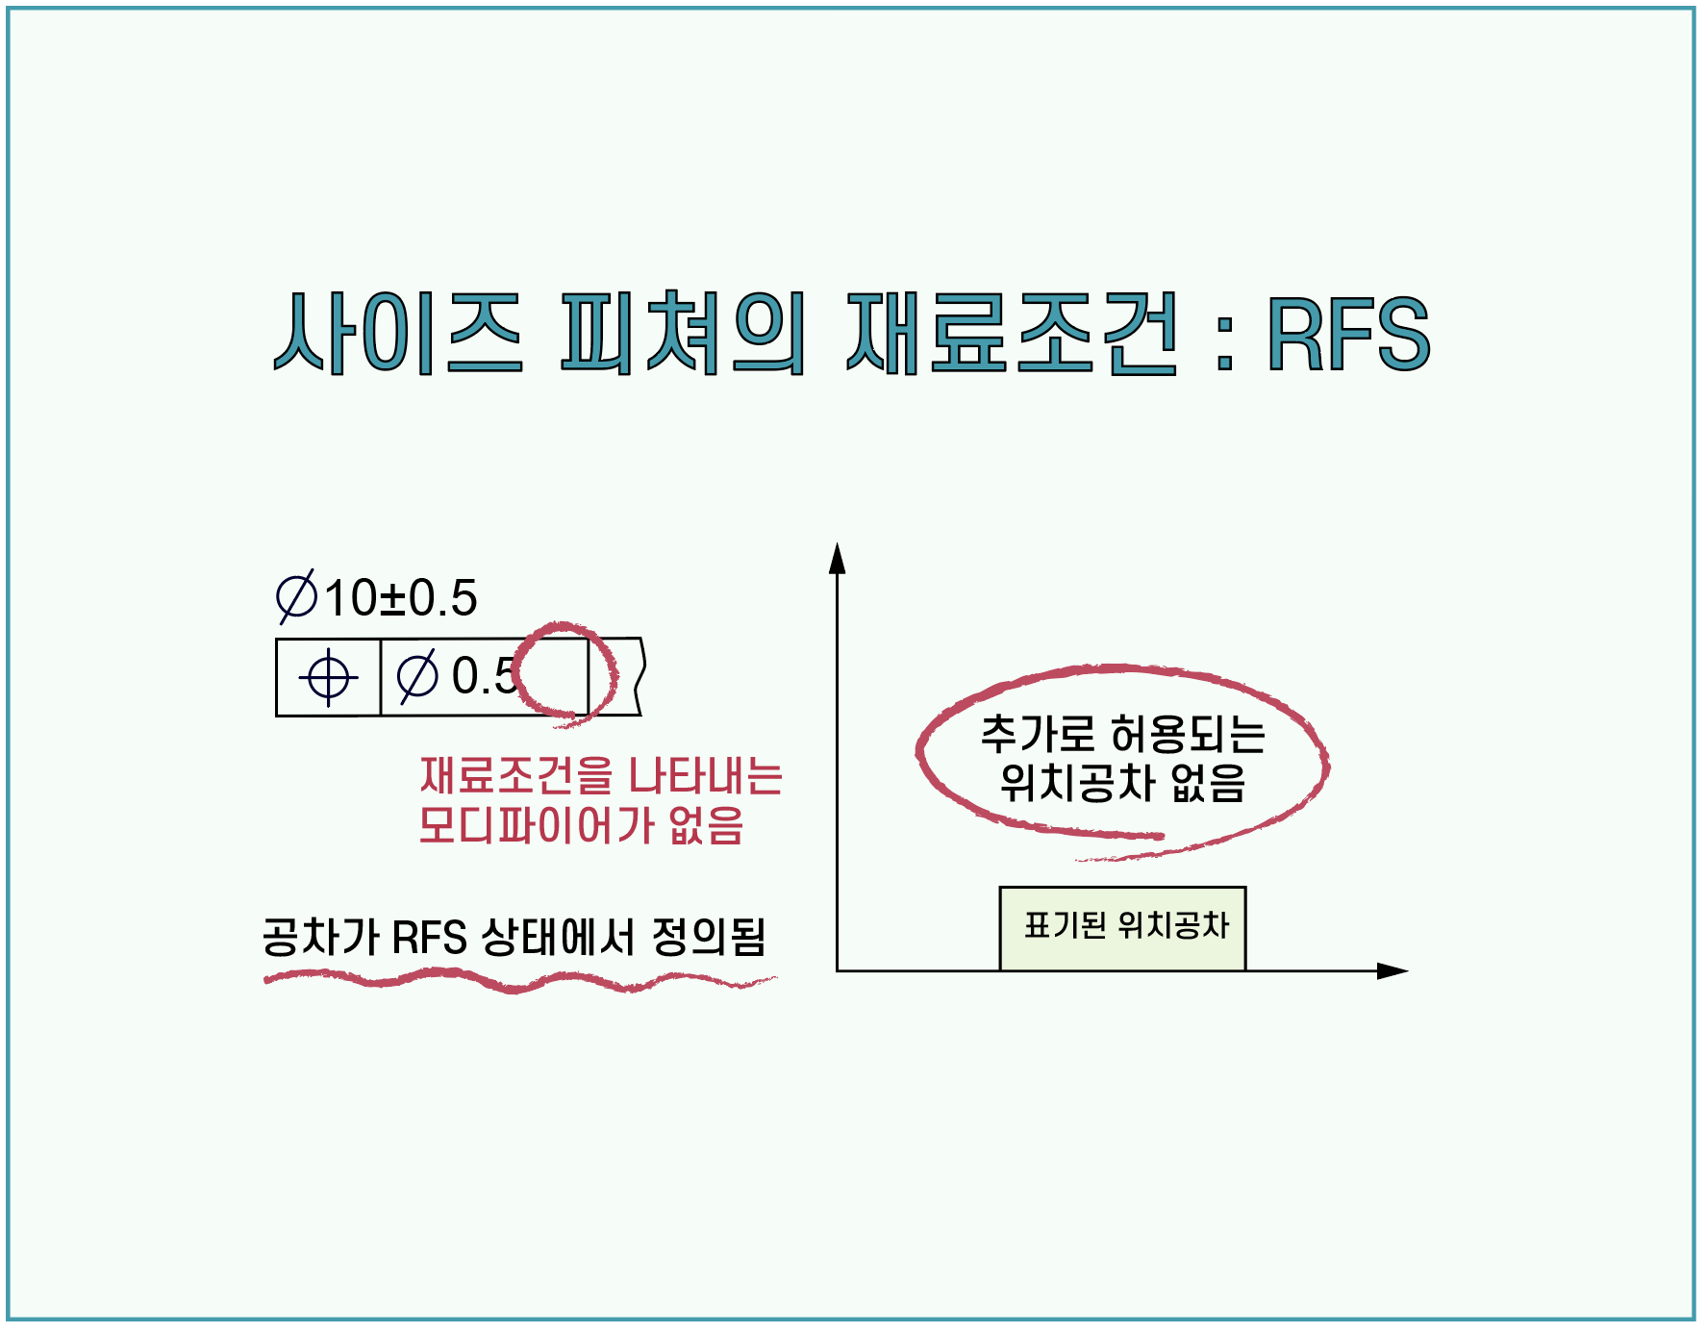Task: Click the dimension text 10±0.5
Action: pyautogui.click(x=400, y=598)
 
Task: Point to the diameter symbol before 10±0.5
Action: pyautogui.click(x=296, y=597)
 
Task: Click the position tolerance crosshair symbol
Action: pyautogui.click(x=328, y=677)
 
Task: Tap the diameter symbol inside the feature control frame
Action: pyautogui.click(x=418, y=676)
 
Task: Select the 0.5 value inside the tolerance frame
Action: pyautogui.click(x=484, y=675)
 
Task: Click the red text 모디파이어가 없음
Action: pyautogui.click(x=581, y=825)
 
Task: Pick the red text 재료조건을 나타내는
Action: pyautogui.click(x=601, y=776)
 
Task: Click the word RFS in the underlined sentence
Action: pyautogui.click(x=430, y=937)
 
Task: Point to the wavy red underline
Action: pyautogui.click(x=519, y=981)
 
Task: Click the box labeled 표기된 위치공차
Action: pyautogui.click(x=1122, y=928)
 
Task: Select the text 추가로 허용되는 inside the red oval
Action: pyautogui.click(x=1122, y=735)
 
